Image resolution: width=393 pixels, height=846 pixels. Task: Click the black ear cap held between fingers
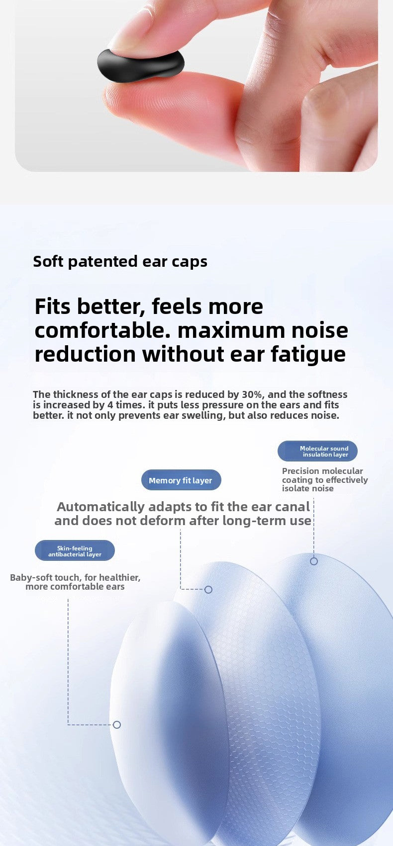point(141,64)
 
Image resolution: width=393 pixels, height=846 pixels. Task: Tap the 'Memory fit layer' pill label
point(181,480)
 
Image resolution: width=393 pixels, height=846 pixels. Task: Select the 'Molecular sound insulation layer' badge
point(318,451)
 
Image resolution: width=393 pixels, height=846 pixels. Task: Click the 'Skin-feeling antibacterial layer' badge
point(75,551)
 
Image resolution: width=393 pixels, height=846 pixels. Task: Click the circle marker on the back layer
point(314,561)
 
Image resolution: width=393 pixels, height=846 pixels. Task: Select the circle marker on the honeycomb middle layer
point(208,590)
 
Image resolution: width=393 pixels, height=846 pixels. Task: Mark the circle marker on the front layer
point(117,725)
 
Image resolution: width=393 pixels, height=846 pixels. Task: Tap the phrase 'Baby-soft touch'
point(44,578)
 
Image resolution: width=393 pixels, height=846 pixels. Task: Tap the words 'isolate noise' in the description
point(308,488)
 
